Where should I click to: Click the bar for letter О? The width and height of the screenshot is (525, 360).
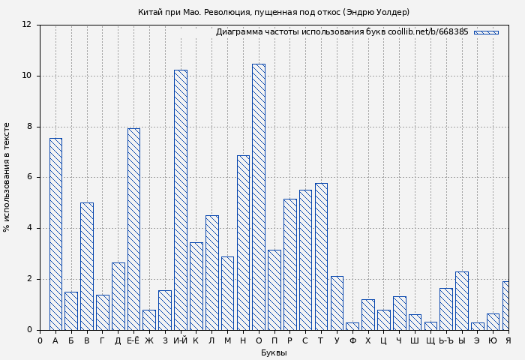258,196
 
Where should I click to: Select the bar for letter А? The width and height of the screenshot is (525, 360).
55,234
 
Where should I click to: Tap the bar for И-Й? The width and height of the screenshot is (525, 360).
180,199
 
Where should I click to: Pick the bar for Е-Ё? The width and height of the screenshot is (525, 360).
133,229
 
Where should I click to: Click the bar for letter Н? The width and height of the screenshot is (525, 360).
243,242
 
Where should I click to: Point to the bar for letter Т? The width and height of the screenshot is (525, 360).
321,256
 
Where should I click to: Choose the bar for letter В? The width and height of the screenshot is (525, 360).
87,266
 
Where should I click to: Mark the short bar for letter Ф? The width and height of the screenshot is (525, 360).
352,326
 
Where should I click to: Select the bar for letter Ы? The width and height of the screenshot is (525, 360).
462,301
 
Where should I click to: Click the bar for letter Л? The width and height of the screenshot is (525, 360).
211,272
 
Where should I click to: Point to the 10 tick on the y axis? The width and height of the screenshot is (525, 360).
26,76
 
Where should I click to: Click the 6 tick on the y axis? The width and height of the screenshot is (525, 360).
28,177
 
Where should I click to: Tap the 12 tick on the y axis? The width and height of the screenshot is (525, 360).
26,25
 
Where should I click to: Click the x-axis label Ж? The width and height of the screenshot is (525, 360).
149,341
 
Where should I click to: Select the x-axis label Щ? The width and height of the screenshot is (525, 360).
430,341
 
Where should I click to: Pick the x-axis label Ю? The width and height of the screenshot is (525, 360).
493,341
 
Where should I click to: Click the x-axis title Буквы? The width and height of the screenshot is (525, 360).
274,353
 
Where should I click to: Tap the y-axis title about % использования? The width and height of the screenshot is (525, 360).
7,177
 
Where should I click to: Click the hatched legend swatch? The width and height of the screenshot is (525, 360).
486,32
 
